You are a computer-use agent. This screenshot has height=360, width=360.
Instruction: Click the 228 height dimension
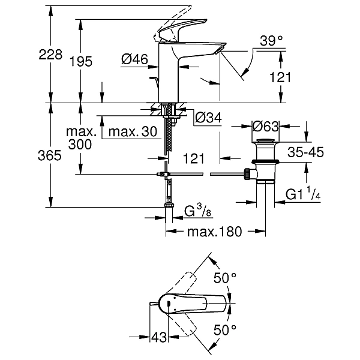coord(50,55)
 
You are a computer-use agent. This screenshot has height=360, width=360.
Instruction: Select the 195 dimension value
coord(80,61)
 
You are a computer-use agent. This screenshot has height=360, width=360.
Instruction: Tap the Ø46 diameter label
coord(134,59)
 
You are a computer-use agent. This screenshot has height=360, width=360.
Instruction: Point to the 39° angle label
coord(271,41)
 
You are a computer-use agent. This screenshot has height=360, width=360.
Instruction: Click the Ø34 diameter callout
coord(208,118)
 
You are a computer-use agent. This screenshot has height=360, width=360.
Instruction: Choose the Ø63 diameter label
coord(265,126)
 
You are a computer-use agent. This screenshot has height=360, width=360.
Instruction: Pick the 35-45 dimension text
coord(305,152)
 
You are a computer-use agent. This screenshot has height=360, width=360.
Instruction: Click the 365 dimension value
coord(50,155)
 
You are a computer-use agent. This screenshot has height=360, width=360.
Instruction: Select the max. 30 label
coord(133,131)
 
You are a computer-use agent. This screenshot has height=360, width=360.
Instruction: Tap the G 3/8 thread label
coord(197,211)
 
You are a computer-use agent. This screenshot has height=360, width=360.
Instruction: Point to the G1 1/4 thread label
coord(303,193)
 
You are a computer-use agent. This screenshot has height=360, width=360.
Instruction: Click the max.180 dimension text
coord(215,232)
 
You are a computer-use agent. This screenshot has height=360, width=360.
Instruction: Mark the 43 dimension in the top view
coord(159,337)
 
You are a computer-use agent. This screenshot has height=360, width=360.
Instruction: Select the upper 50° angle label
coord(225,278)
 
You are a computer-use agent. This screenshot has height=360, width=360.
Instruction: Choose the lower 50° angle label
coord(225,330)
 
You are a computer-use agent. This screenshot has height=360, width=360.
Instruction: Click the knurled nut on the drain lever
coord(247,174)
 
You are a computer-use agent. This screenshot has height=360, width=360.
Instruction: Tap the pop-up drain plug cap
coord(265,140)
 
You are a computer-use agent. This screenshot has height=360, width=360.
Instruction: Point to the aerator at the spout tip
coord(219,50)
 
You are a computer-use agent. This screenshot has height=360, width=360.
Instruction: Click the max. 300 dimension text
coord(80,138)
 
